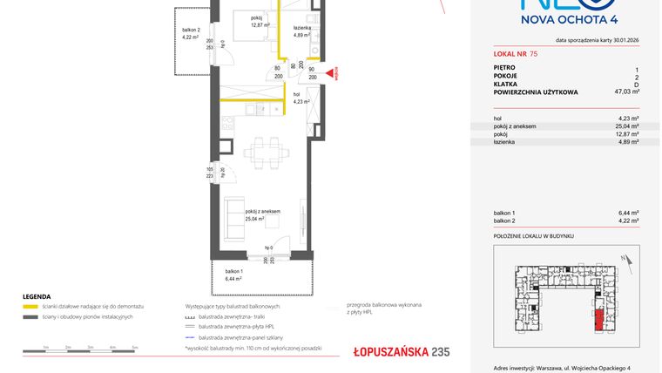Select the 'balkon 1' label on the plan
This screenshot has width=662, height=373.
click(x=235, y=275)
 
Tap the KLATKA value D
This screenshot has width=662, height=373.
click(x=637, y=84)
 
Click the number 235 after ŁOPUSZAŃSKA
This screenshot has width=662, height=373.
click(x=440, y=352)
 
